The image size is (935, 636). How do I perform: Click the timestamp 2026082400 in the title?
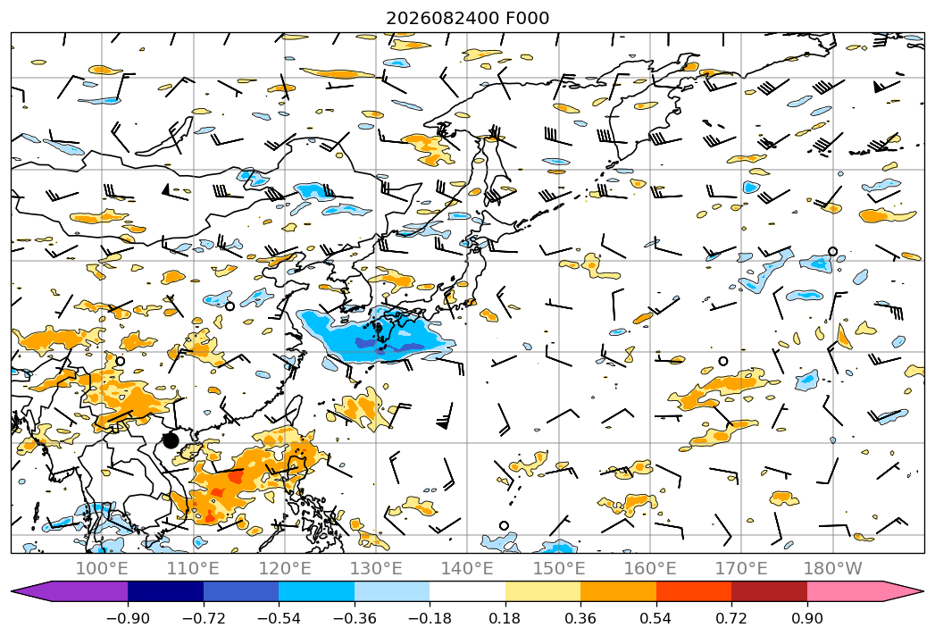[x=443, y=18]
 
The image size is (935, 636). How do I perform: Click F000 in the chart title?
[x=528, y=18]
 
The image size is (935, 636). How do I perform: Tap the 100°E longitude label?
[x=102, y=568]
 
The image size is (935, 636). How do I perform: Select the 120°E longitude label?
[x=285, y=568]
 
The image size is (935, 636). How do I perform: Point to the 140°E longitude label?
[x=467, y=568]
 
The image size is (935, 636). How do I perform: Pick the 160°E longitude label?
[x=650, y=568]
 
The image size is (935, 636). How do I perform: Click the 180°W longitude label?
[x=832, y=568]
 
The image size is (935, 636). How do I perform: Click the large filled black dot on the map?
[x=171, y=440]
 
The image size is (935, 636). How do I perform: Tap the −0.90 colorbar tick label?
[x=128, y=618]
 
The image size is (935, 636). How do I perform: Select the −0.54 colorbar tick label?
[x=279, y=618]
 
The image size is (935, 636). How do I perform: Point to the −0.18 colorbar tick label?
[x=430, y=618]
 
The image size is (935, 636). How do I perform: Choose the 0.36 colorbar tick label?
[x=580, y=618]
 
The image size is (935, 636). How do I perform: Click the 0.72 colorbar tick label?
[x=731, y=618]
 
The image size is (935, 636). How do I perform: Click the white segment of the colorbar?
[x=468, y=590]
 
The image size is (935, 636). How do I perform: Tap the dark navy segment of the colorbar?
[x=165, y=590]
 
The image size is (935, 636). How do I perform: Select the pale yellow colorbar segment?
[x=543, y=590]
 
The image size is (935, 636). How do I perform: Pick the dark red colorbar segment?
[x=769, y=590]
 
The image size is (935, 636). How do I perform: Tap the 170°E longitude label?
[x=741, y=568]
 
